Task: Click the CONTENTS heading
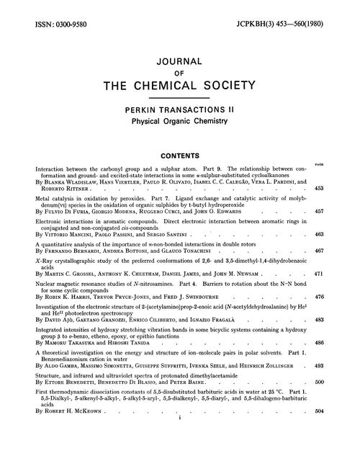tap(179, 153)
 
